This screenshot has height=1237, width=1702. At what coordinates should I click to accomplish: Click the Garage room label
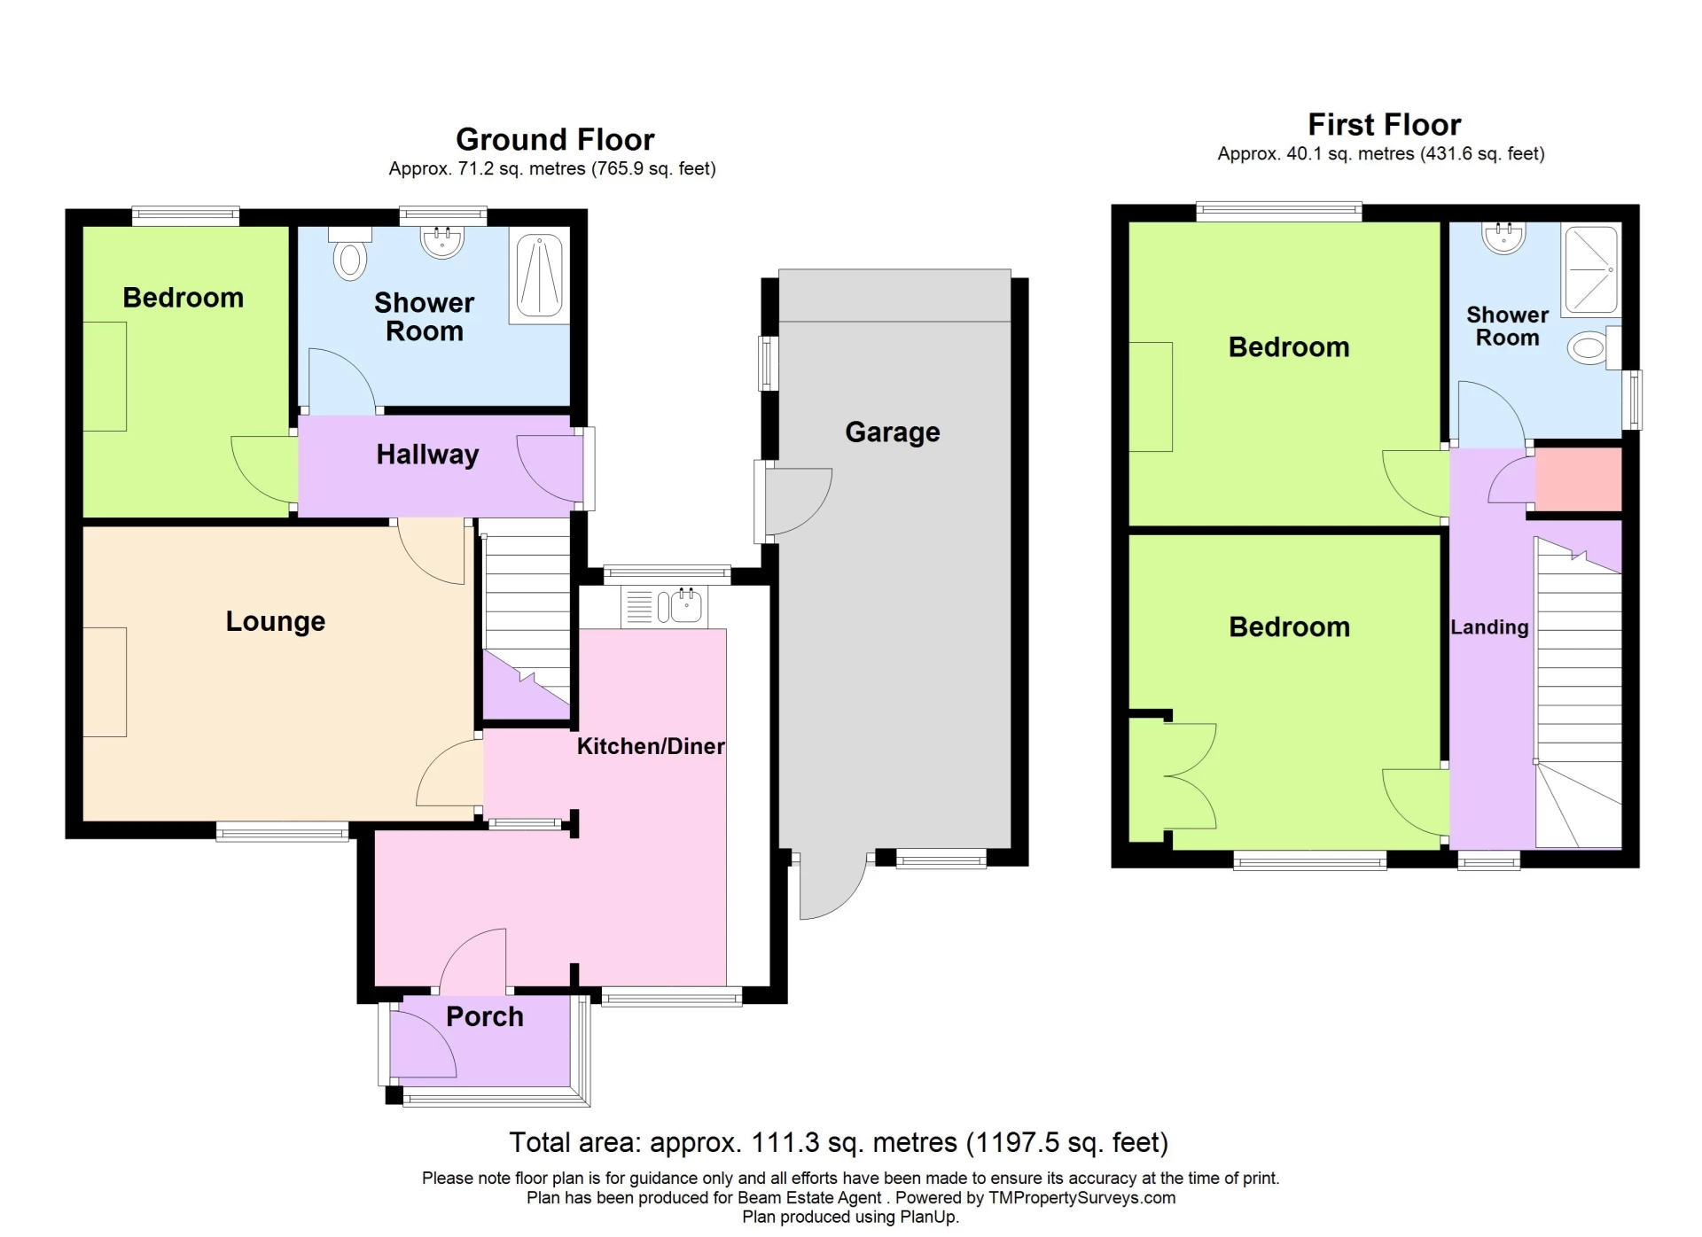(x=892, y=432)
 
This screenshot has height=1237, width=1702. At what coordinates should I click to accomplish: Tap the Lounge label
(x=275, y=621)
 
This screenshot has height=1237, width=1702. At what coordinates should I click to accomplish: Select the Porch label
(x=484, y=1016)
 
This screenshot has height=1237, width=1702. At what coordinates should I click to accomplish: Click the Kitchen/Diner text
(x=650, y=746)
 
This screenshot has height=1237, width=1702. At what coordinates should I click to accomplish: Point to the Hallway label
(x=427, y=455)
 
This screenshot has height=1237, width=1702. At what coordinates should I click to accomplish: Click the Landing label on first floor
(x=1489, y=627)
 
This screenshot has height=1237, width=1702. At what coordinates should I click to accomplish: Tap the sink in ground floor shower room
(x=441, y=241)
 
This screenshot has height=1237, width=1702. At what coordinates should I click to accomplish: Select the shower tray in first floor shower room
(x=1591, y=269)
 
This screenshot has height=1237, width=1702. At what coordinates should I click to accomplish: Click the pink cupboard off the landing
(x=1578, y=479)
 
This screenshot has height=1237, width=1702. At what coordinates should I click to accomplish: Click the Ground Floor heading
(x=555, y=140)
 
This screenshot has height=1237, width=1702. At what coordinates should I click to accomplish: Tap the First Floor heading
(x=1384, y=125)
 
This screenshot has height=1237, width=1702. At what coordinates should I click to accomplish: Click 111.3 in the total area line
(x=785, y=1143)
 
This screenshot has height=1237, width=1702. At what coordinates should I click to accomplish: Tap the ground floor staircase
(x=527, y=611)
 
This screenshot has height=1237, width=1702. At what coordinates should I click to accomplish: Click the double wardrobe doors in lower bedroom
(x=1188, y=777)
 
